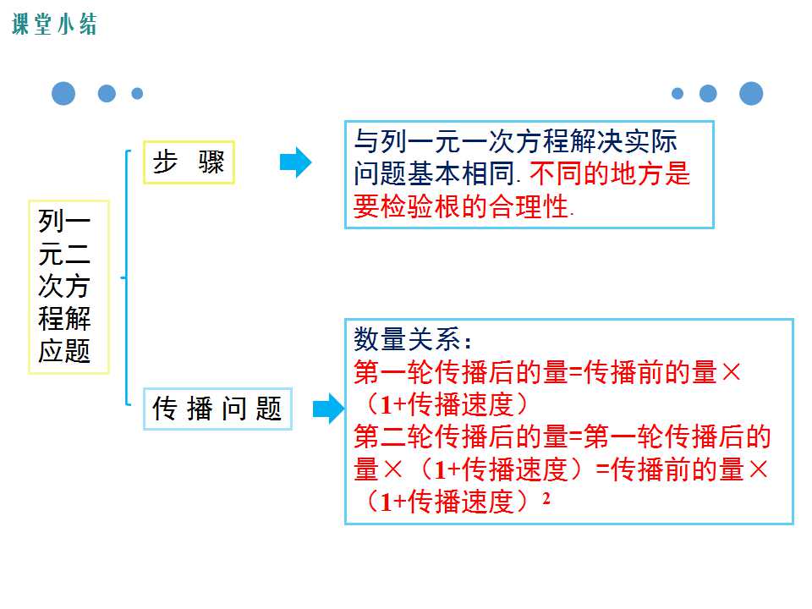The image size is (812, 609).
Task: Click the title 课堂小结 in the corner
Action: click(x=54, y=25)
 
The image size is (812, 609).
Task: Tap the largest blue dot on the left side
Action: click(x=63, y=94)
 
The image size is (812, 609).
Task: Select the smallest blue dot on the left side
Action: click(x=137, y=94)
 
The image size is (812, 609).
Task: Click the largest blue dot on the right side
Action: click(x=751, y=94)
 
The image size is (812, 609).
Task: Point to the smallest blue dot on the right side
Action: click(x=678, y=94)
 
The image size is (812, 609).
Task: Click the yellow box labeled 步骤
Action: click(x=189, y=162)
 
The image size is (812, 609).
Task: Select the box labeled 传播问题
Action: click(x=217, y=409)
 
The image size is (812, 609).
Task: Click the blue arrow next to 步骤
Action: click(x=296, y=162)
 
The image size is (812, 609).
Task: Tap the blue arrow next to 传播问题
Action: click(x=328, y=409)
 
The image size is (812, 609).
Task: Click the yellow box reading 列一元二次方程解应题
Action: click(x=69, y=287)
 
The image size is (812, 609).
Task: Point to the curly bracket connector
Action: click(x=126, y=277)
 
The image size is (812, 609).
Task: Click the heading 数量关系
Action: click(x=412, y=340)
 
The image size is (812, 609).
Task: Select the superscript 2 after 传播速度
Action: click(x=546, y=497)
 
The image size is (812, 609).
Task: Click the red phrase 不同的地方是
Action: click(x=610, y=173)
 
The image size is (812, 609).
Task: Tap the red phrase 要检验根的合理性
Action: click(x=462, y=206)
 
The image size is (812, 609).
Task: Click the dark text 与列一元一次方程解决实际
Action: click(x=516, y=141)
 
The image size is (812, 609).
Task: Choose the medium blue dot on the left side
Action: click(x=107, y=94)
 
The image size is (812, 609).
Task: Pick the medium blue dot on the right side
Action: click(x=708, y=94)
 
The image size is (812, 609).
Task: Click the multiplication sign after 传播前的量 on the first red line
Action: click(x=731, y=372)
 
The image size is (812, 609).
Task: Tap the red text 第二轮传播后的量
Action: click(x=461, y=436)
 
